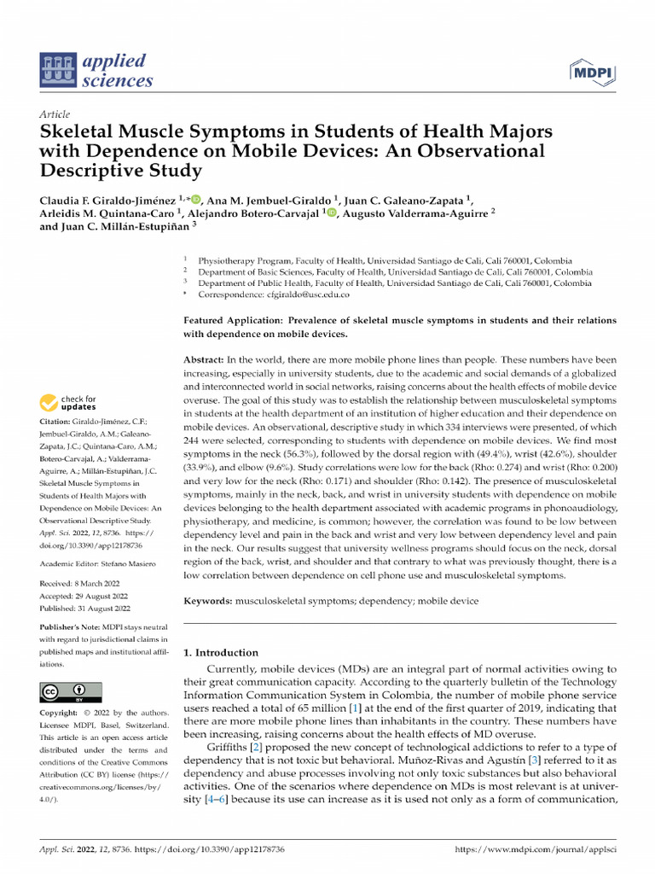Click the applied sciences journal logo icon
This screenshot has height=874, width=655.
pyautogui.click(x=58, y=71)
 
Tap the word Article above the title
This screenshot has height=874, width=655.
pyautogui.click(x=55, y=114)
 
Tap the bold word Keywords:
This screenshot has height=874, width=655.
pyautogui.click(x=208, y=601)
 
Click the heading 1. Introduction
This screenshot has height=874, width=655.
pyautogui.click(x=221, y=653)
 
